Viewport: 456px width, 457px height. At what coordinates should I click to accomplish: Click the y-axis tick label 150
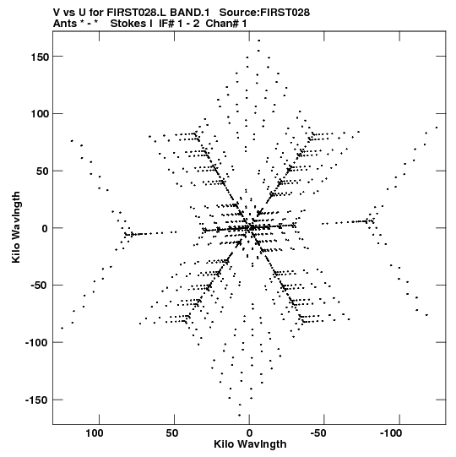(40, 57)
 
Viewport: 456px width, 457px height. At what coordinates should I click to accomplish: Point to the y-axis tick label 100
(40, 114)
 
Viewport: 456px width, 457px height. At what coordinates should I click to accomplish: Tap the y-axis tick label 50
(42, 171)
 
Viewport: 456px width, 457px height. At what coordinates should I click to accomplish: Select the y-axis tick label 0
(45, 228)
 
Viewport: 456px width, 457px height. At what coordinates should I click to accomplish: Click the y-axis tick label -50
(40, 286)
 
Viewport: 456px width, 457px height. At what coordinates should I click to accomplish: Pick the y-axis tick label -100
(37, 343)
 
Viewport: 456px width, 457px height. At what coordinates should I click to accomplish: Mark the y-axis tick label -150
(37, 400)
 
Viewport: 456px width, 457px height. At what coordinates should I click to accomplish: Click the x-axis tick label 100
(95, 433)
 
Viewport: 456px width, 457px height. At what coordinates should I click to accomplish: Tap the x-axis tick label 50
(172, 433)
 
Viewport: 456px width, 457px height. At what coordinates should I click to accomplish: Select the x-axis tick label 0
(249, 433)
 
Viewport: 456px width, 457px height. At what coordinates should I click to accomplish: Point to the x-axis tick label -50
(318, 433)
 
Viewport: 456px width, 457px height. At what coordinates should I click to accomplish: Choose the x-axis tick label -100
(391, 433)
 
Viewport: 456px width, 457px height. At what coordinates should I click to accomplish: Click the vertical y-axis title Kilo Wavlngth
(16, 227)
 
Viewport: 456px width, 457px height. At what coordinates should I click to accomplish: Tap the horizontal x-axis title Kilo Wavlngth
(250, 444)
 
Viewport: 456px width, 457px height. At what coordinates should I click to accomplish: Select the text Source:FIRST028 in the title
(264, 13)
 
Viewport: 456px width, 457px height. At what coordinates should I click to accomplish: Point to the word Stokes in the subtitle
(132, 24)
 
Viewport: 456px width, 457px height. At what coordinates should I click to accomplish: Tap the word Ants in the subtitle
(65, 24)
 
